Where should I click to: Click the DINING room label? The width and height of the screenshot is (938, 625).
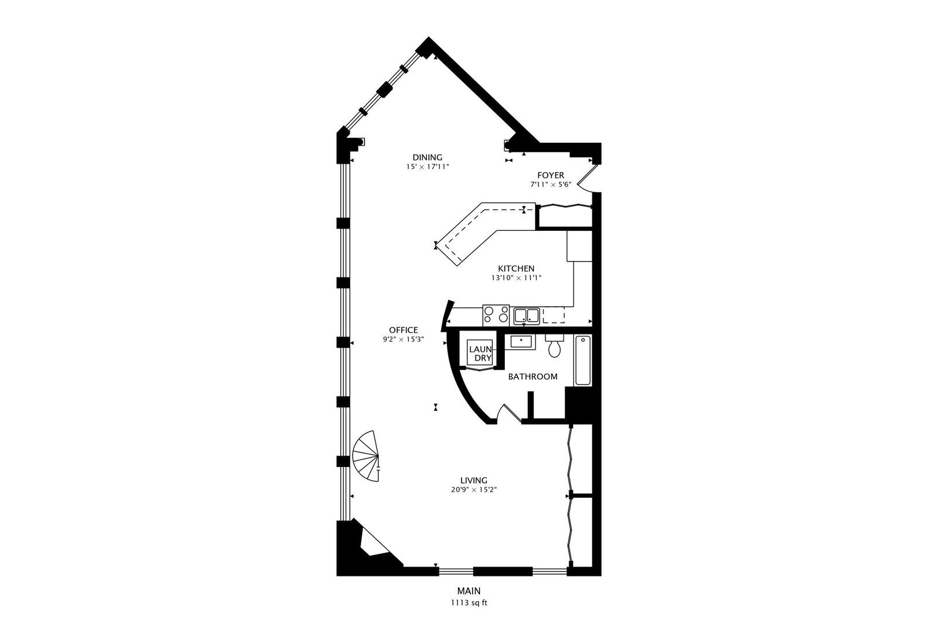pos(427,157)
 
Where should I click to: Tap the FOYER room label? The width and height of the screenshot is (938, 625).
pos(550,175)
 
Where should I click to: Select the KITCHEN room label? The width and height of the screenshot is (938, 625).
pos(516,269)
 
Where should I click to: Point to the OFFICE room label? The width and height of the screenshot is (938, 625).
pos(403,330)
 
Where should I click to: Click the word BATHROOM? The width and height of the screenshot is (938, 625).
pos(533,377)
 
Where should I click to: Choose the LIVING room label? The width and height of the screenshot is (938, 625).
pos(474,480)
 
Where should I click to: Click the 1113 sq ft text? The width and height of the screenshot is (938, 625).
pos(469,602)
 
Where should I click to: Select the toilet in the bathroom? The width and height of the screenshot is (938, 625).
pos(555,347)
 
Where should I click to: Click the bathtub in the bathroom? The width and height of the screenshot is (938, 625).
pos(582,360)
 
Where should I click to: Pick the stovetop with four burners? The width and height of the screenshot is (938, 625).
pos(496,315)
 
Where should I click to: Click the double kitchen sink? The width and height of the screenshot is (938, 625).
pos(526,315)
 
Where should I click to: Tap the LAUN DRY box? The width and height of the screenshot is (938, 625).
pos(480,353)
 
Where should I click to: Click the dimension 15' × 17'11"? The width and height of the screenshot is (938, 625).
pos(427,167)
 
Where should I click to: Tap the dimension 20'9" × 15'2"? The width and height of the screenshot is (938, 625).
pos(474,490)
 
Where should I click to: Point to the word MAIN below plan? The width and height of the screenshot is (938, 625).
pos(469,591)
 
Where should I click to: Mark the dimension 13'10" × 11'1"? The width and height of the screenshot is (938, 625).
pos(516,278)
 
